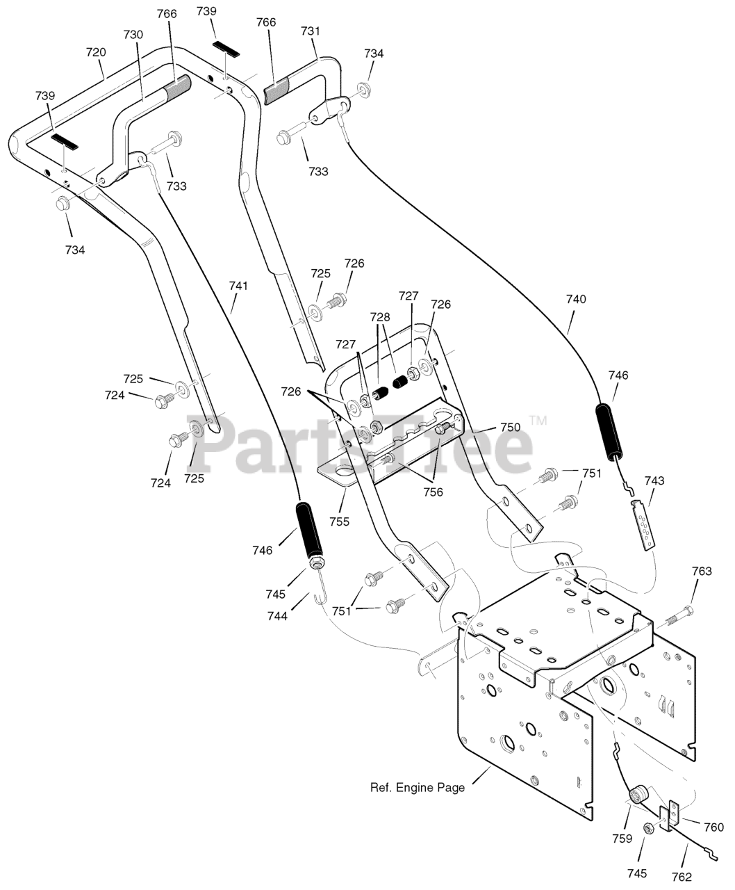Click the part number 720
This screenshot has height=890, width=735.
96,52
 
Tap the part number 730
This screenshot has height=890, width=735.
133,35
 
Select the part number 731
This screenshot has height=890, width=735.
310,31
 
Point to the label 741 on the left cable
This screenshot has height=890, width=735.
238,286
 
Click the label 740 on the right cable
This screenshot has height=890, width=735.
576,299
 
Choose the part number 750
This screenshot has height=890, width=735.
510,427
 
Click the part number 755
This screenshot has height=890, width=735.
340,521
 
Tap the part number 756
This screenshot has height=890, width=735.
433,492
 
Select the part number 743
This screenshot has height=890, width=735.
654,480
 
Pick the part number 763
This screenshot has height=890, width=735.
702,571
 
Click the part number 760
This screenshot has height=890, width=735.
713,839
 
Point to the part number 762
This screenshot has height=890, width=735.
682,877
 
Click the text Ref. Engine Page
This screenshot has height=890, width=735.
418,788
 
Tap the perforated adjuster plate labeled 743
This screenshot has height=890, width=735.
643,526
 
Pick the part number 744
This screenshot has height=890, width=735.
278,616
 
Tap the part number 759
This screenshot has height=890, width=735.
622,839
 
